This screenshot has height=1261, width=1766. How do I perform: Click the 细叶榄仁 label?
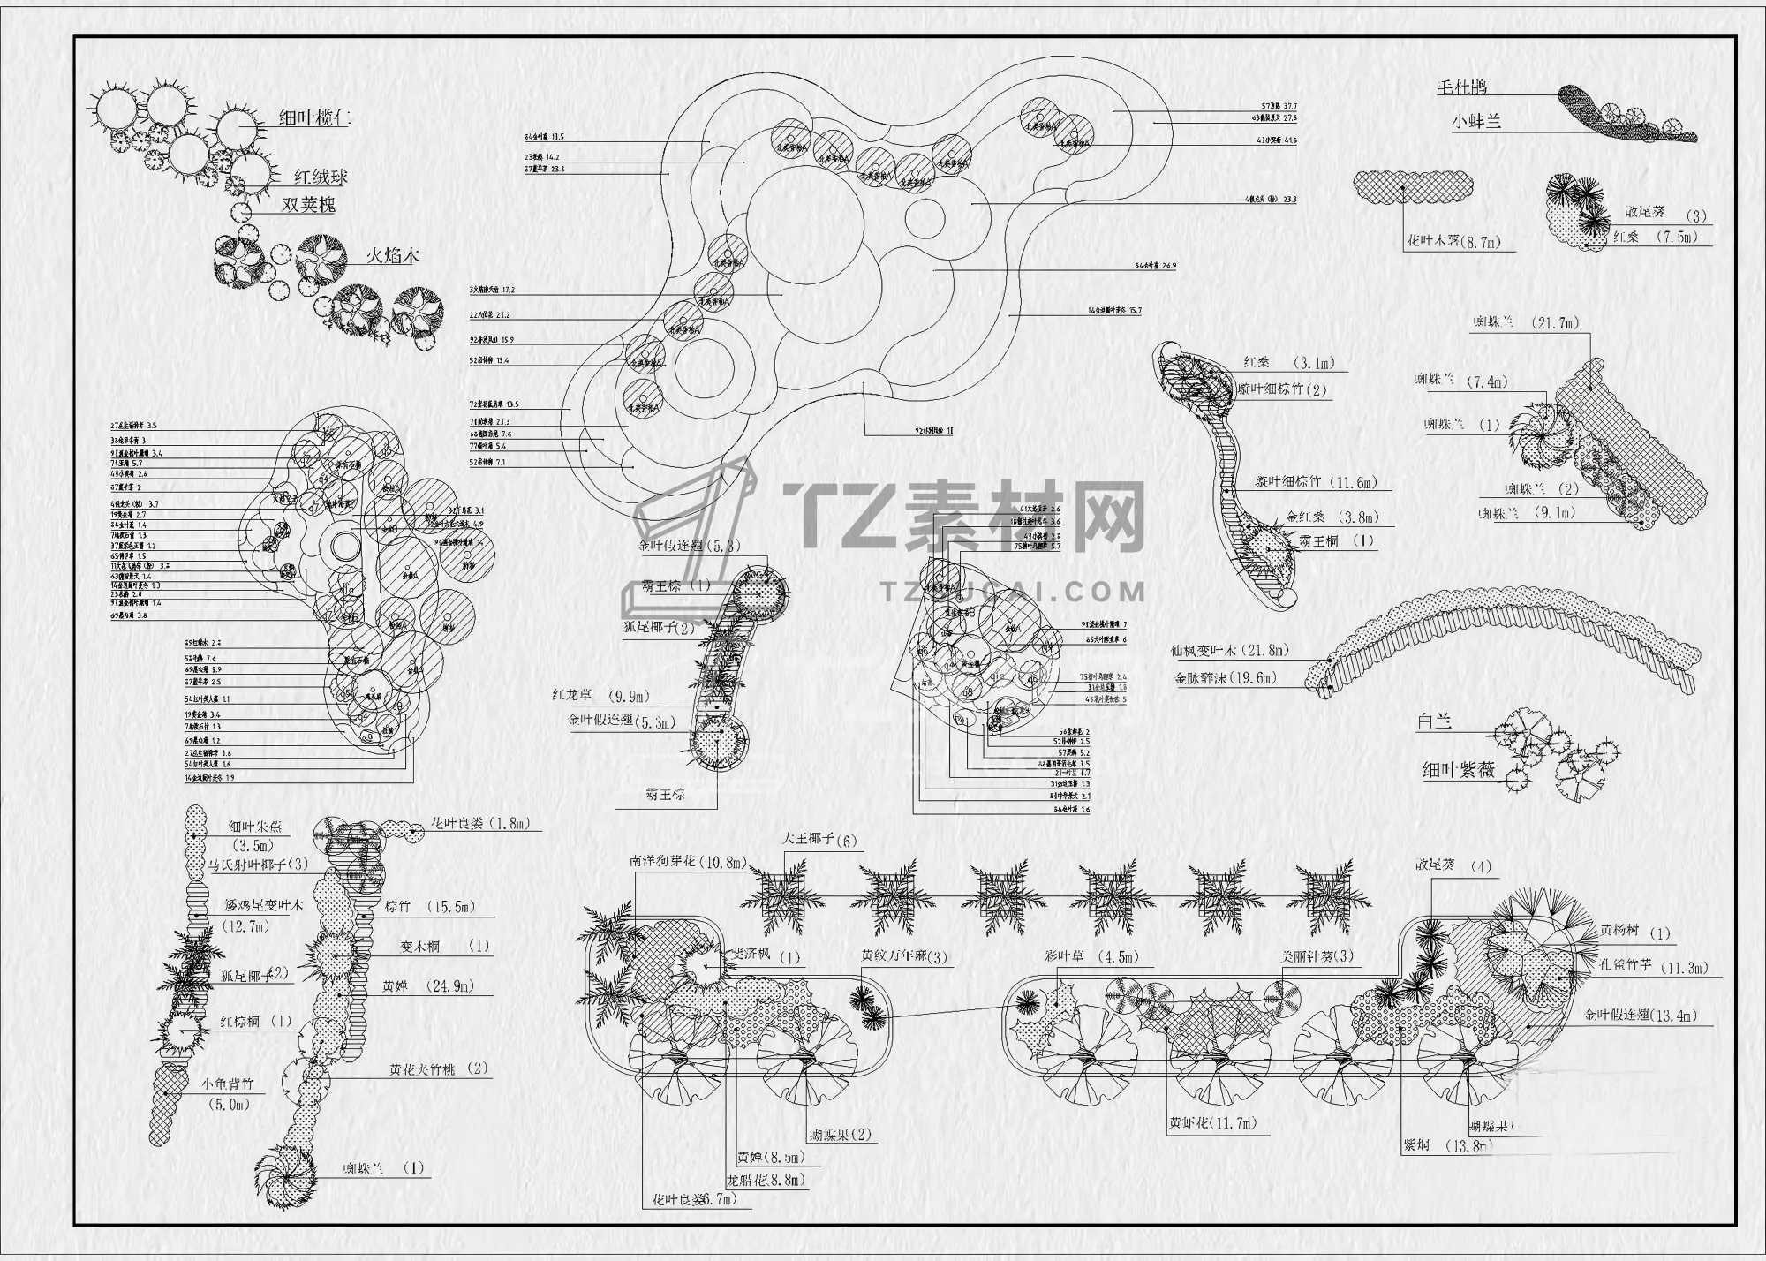(x=314, y=118)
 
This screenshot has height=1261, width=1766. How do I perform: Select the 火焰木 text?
(x=392, y=257)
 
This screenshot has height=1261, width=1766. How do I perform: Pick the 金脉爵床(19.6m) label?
(x=1226, y=679)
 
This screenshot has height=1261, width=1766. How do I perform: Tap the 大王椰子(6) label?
(x=819, y=841)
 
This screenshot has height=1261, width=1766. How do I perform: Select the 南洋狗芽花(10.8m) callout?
(x=688, y=861)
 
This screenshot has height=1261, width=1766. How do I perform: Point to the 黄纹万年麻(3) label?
(x=905, y=956)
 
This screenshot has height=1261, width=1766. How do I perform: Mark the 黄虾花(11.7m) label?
(x=1211, y=1124)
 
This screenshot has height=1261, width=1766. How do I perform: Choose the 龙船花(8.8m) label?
(x=765, y=1180)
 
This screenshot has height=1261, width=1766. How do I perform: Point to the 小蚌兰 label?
(x=1475, y=122)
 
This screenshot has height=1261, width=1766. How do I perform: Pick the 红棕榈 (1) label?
(x=256, y=1022)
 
